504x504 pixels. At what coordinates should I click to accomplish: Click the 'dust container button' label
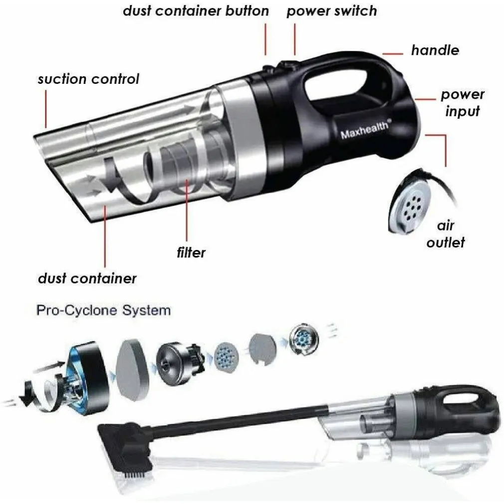(x=196, y=11)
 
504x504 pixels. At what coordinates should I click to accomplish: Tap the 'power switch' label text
(x=331, y=11)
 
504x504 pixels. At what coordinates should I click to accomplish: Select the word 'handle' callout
(x=435, y=50)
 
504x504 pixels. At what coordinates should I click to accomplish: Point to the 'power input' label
(x=462, y=102)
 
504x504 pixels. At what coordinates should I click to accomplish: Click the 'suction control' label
(x=88, y=79)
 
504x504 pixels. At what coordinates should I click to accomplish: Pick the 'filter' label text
(x=191, y=252)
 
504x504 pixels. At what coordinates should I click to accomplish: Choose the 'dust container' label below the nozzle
(x=87, y=278)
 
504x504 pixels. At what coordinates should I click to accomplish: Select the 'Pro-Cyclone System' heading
(x=104, y=310)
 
